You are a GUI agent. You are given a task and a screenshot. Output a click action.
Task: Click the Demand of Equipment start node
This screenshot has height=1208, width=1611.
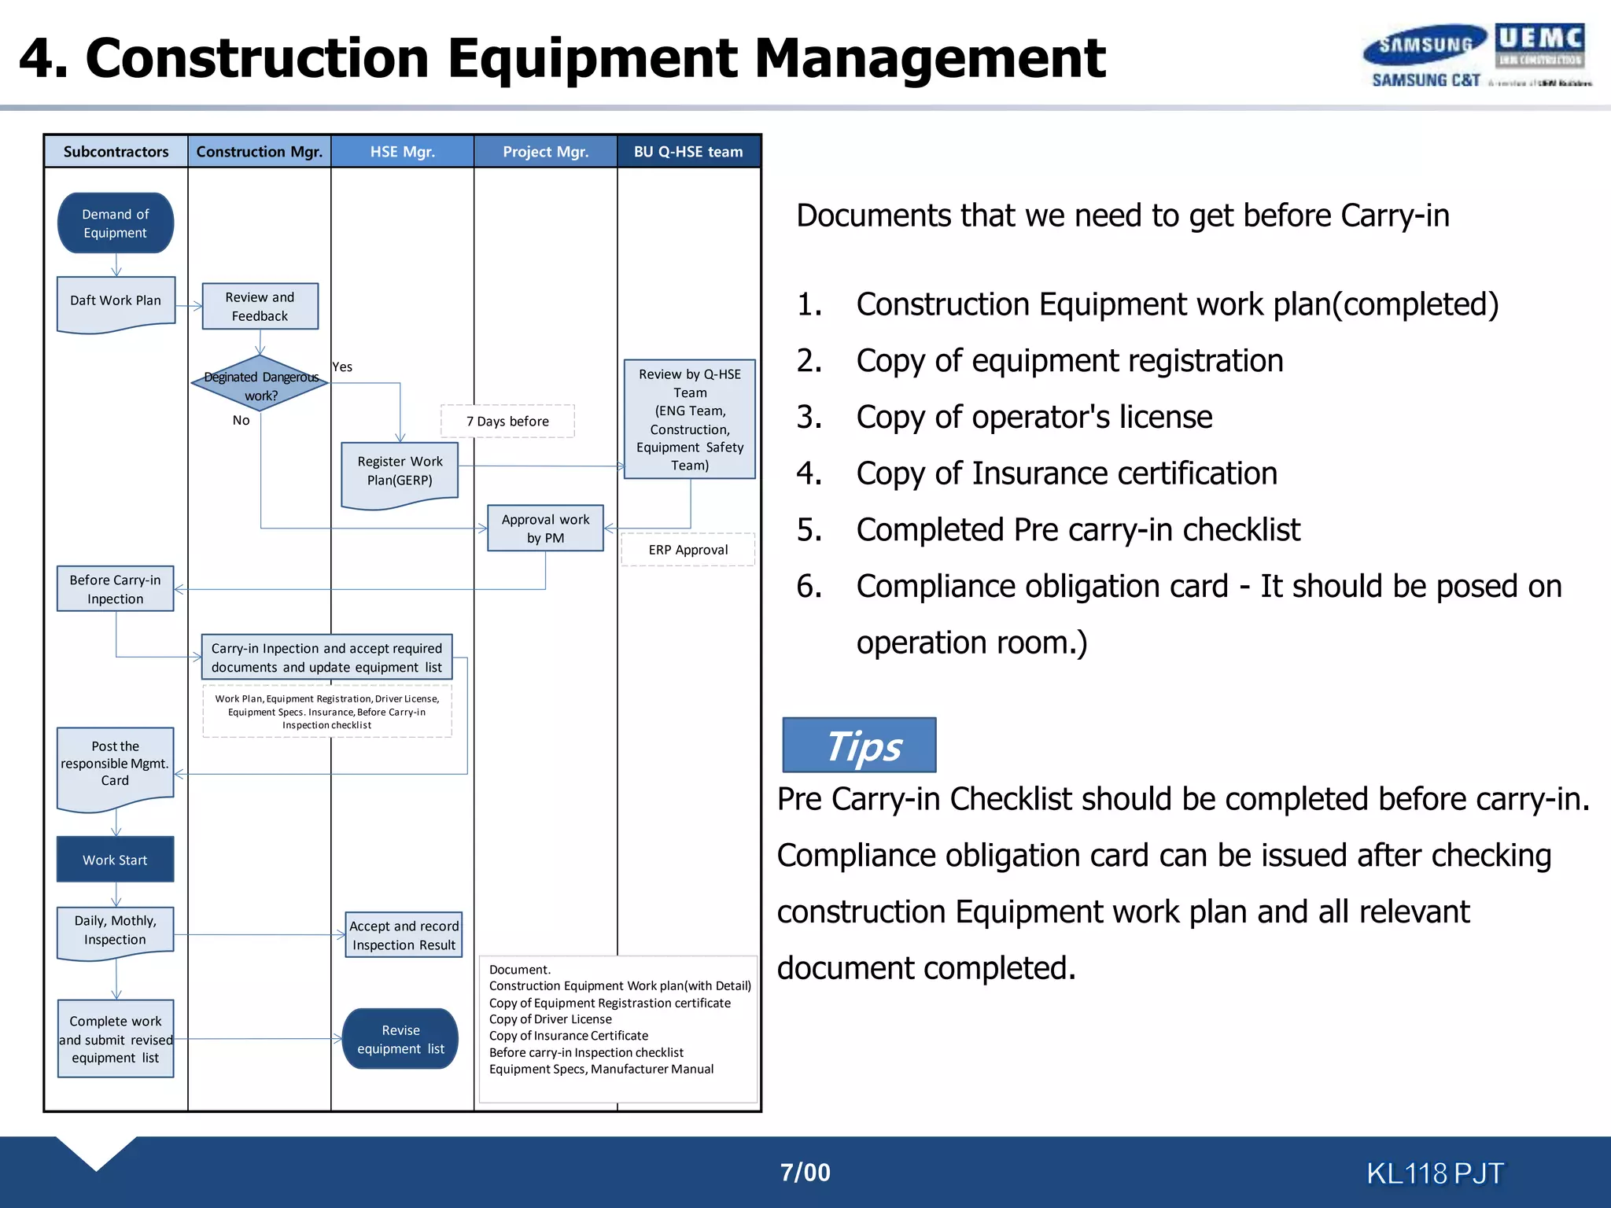point(116,223)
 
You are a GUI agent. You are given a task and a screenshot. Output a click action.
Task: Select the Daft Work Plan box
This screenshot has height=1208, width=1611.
point(116,303)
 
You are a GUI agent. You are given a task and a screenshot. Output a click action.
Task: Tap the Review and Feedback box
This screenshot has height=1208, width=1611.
point(260,307)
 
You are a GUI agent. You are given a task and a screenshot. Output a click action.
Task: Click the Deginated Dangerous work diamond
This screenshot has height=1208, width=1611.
point(260,385)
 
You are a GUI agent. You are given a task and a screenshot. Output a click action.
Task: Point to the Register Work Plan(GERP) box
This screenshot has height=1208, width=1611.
point(400,473)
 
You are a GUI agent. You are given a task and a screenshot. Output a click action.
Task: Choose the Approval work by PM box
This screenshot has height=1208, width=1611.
point(545,528)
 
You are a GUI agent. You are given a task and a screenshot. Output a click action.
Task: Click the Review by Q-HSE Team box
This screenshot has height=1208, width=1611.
point(690,419)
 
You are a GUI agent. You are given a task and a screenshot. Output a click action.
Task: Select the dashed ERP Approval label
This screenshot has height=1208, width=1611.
point(688,550)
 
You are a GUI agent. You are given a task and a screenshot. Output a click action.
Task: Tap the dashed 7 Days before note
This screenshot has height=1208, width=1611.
point(507,422)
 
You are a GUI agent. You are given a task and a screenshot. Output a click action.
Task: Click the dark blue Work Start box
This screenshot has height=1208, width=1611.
point(116,860)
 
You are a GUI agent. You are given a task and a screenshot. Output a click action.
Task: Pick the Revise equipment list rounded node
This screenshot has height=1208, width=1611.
point(400,1039)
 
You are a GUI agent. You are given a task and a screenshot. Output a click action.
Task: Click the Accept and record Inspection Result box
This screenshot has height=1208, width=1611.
point(404,935)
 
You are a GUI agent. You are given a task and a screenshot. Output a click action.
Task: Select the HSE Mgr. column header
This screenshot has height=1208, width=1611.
point(403,152)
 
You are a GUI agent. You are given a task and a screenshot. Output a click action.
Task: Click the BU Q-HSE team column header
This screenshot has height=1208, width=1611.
point(688,152)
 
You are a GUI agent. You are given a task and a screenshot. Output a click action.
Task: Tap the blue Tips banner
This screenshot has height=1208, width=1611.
point(859,746)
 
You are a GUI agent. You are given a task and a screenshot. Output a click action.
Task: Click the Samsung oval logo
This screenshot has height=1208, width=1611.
point(1425,45)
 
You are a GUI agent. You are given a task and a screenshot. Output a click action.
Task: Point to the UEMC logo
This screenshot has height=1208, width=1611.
point(1540,46)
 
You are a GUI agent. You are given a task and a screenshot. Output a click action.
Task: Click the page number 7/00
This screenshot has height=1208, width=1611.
point(805,1173)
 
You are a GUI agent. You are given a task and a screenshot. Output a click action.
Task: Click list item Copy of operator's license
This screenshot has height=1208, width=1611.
point(1034,417)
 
